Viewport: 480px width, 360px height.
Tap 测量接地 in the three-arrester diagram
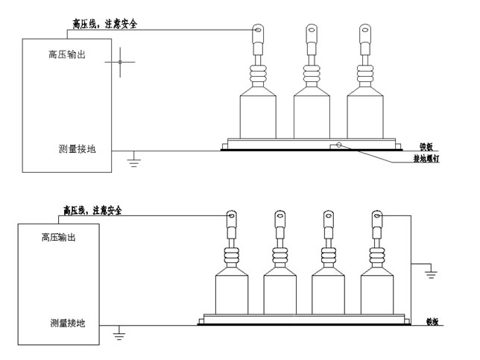click(77, 148)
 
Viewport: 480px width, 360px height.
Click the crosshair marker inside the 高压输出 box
click(120, 62)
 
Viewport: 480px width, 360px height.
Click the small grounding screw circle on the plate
click(339, 145)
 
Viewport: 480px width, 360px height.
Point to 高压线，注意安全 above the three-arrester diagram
click(104, 24)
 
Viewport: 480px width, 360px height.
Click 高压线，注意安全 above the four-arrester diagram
click(92, 211)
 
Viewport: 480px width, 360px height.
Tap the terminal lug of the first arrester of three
click(258, 32)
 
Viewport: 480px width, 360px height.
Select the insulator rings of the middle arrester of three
click(312, 75)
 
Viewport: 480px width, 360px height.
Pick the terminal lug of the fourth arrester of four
click(377, 218)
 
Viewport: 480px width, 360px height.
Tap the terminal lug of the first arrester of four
click(233, 218)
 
